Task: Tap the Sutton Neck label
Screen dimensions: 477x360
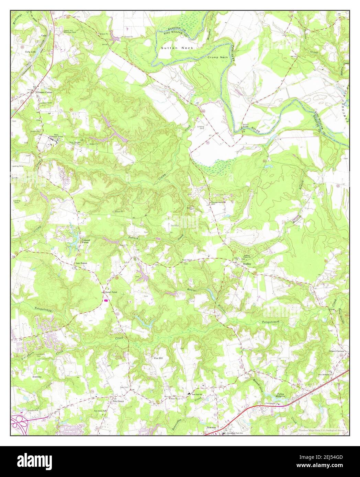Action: coord(177,48)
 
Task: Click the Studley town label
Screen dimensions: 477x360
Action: coord(247,264)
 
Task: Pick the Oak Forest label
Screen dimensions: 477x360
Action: coord(82,264)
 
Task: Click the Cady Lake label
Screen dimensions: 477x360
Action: coord(30,52)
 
